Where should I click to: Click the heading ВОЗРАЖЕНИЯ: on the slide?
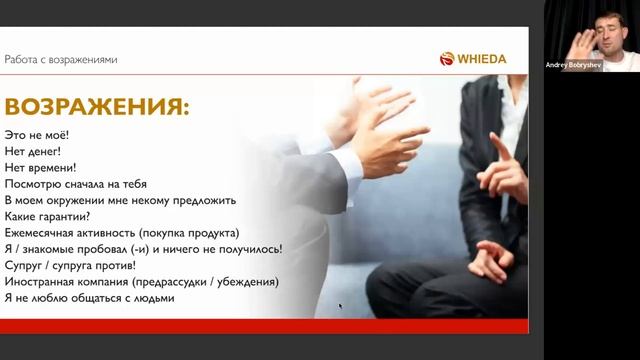pos(97,107)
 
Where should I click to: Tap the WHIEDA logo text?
pos(482,59)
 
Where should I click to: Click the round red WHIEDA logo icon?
pos(447,59)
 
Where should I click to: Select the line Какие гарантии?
pos(48,216)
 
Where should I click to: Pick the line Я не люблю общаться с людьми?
pos(90,297)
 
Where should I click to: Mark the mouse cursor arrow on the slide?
pos(340,306)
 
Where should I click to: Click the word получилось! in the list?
pos(249,248)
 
